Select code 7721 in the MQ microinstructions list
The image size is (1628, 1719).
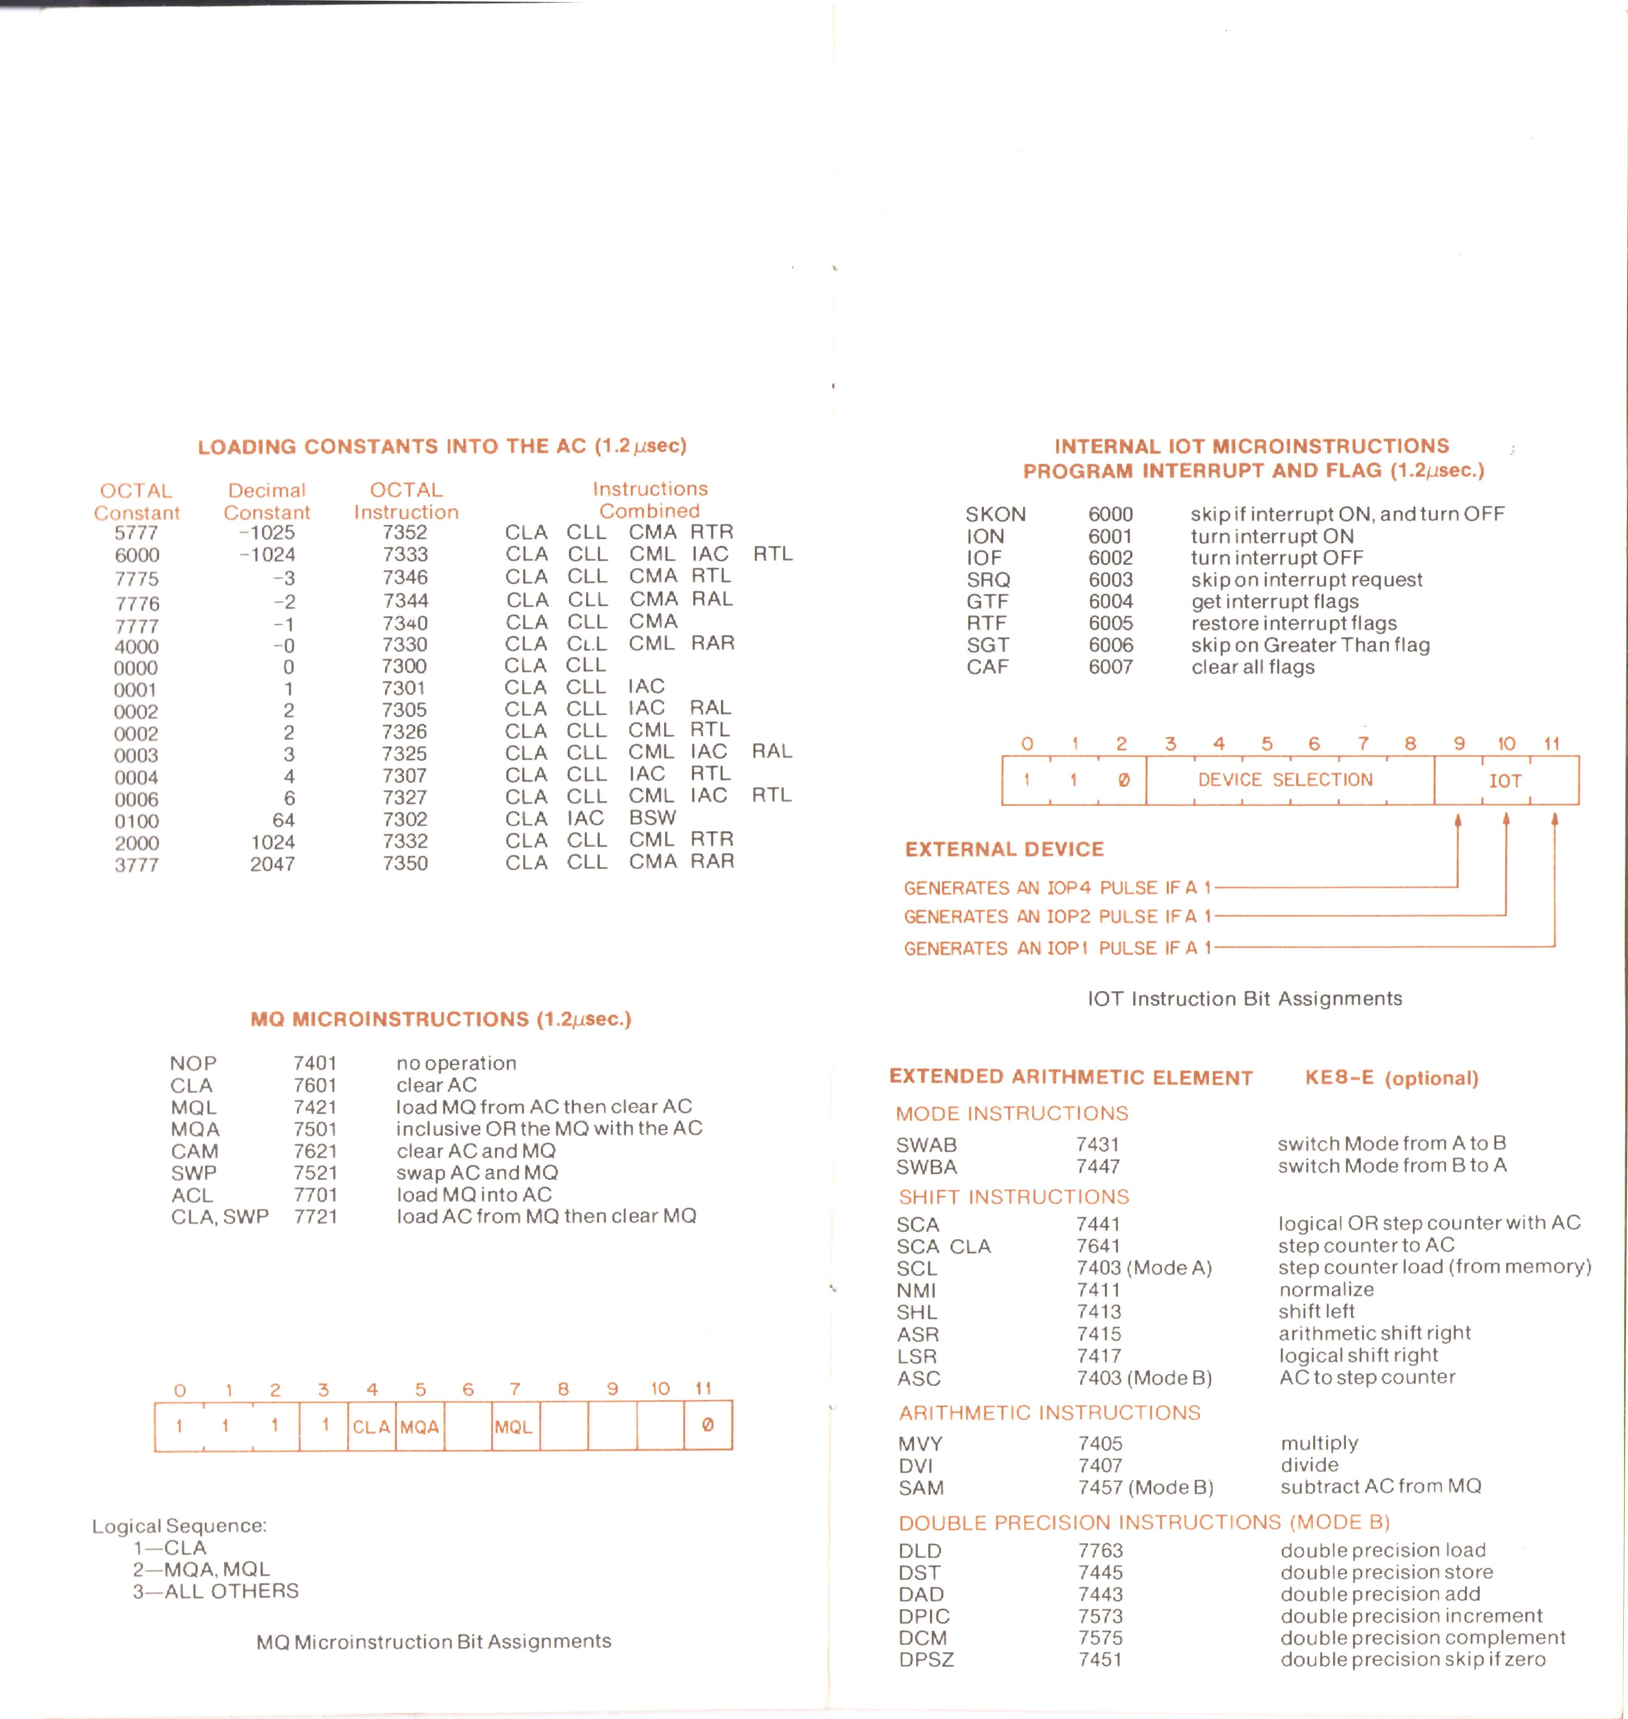coord(315,1217)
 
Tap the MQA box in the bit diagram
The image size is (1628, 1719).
coord(420,1427)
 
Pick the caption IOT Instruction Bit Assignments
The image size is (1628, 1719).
coord(1244,999)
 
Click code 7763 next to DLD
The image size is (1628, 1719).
coord(1100,1550)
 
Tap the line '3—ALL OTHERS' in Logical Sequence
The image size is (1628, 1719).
coord(215,1591)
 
